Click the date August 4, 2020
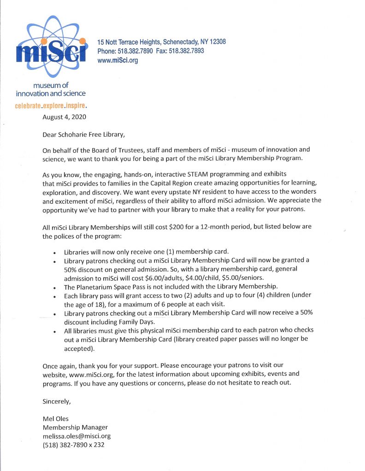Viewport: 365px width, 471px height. click(64, 117)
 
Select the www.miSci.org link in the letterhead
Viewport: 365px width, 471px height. click(118, 60)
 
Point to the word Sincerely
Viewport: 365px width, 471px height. click(57, 401)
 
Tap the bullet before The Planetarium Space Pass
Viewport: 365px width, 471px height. click(55, 287)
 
